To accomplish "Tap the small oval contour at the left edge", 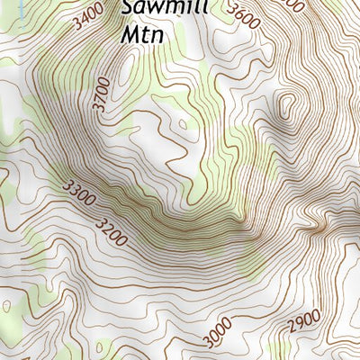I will point(6,306).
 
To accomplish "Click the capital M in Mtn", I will point(129,35).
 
